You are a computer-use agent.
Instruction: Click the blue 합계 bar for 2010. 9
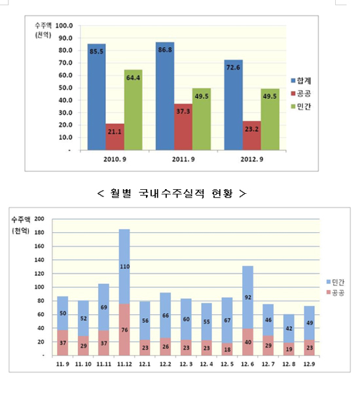[x=96, y=97]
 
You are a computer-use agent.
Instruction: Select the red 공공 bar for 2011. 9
[x=183, y=127]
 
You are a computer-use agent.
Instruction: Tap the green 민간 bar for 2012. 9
[x=270, y=119]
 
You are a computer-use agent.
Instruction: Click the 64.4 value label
[x=133, y=78]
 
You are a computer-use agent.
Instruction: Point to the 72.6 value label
[x=233, y=67]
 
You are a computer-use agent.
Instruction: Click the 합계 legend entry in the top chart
[x=301, y=81]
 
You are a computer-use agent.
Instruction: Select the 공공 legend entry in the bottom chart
[x=335, y=293]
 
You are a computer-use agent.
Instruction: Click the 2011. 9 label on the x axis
[x=183, y=160]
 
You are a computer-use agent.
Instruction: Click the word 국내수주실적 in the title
[x=171, y=193]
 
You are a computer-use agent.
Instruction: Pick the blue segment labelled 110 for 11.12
[x=124, y=266]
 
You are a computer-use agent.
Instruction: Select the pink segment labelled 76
[x=124, y=329]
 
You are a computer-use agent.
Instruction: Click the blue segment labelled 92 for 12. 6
[x=248, y=297]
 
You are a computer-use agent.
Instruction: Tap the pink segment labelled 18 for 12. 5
[x=227, y=350]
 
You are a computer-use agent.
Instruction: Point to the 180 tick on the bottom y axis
[x=39, y=232]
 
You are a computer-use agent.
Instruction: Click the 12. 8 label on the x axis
[x=289, y=364]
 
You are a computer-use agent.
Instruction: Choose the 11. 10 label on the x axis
[x=83, y=364]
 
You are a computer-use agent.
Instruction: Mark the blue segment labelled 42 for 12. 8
[x=289, y=329]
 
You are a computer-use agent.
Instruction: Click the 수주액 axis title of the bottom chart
[x=21, y=219]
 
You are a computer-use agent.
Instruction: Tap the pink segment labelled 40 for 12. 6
[x=248, y=342]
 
